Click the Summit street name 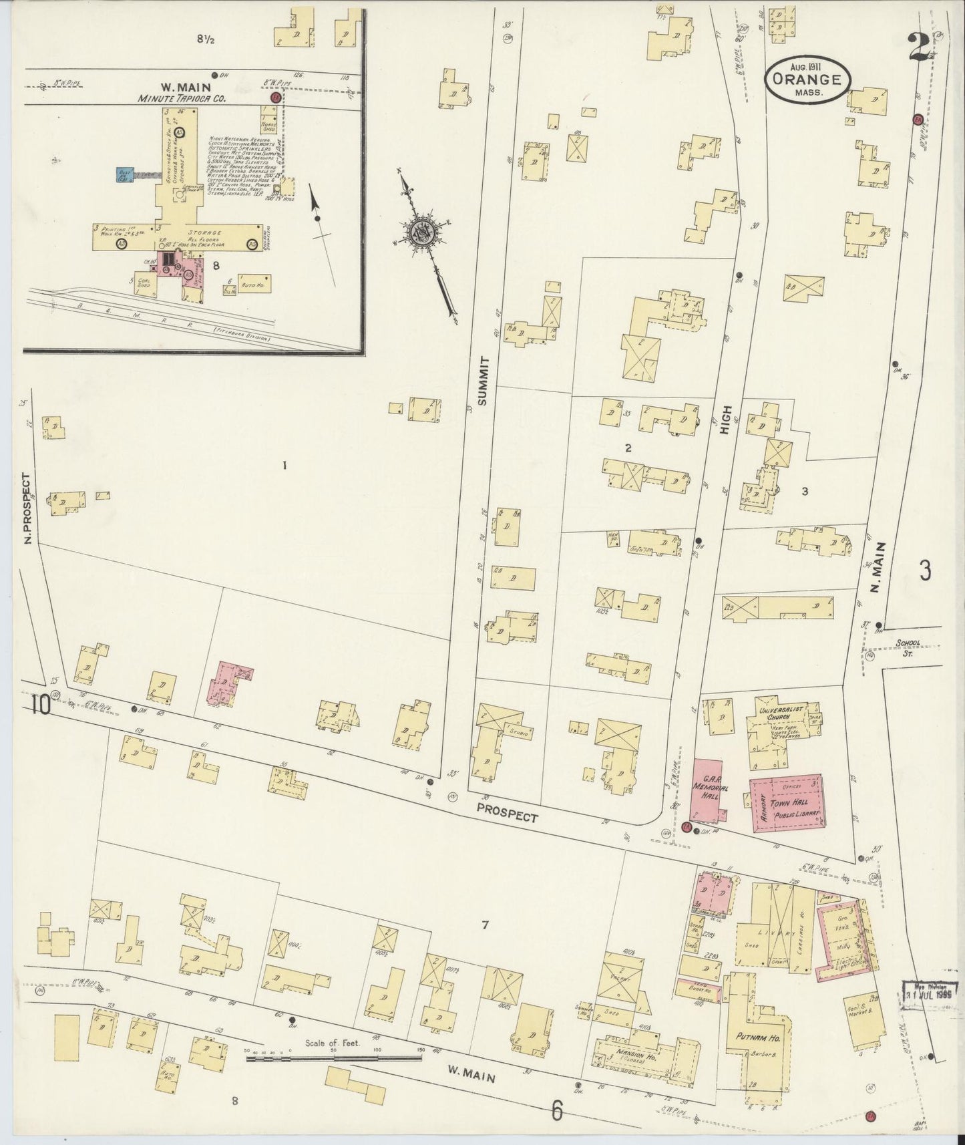(484, 381)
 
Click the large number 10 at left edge (39, 705)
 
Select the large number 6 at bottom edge (558, 1112)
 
